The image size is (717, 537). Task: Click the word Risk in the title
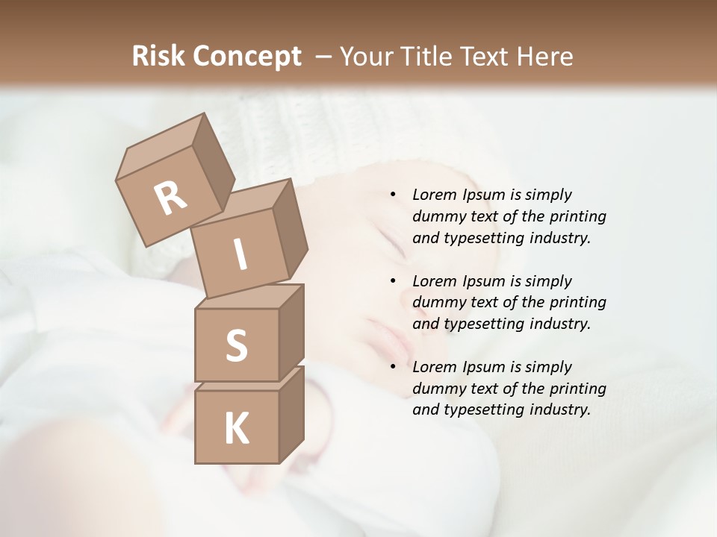[x=159, y=57]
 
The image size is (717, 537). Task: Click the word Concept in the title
[x=247, y=57]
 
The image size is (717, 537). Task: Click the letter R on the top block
[x=170, y=198]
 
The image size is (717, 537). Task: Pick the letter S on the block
[x=236, y=346]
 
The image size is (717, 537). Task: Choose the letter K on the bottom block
[x=236, y=429]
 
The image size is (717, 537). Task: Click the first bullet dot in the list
[x=393, y=195]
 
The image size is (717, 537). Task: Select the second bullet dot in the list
[x=393, y=281]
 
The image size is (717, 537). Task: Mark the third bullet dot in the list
[x=393, y=367]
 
